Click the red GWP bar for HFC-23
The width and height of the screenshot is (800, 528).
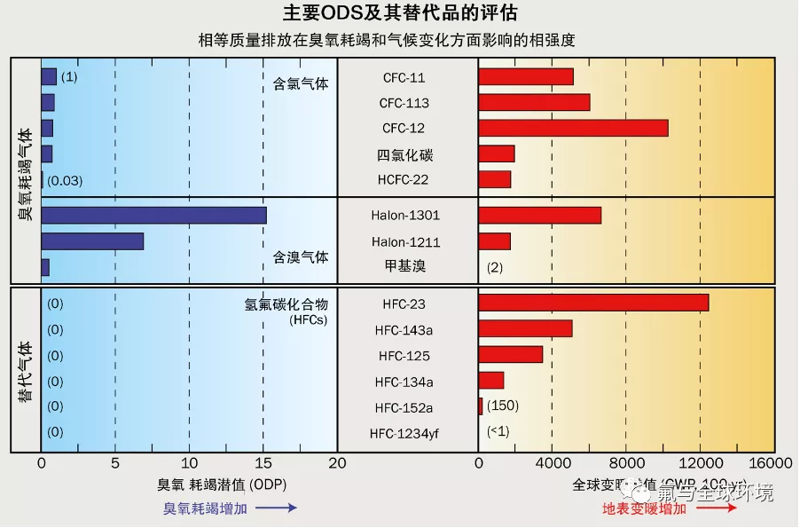[x=593, y=303]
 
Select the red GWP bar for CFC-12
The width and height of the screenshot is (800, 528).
[x=573, y=128]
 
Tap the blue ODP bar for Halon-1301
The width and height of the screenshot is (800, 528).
[x=153, y=215]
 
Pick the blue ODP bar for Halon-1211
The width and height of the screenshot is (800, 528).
[x=92, y=240]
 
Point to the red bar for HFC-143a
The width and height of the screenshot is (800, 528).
[x=525, y=329]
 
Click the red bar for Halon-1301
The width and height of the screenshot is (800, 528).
[x=539, y=215]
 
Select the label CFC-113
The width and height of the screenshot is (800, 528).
[x=404, y=103]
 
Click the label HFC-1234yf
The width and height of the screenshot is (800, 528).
[x=406, y=433]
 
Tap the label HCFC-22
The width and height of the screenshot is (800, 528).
[x=405, y=180]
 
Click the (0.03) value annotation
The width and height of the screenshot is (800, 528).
[x=65, y=180]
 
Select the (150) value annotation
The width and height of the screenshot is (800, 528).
[x=502, y=406]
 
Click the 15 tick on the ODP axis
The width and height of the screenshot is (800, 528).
[x=263, y=463]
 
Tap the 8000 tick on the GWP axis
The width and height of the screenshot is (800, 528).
[x=625, y=463]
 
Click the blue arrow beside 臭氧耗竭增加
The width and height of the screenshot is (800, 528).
[x=278, y=508]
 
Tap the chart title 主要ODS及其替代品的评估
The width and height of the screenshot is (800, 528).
[x=400, y=14]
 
